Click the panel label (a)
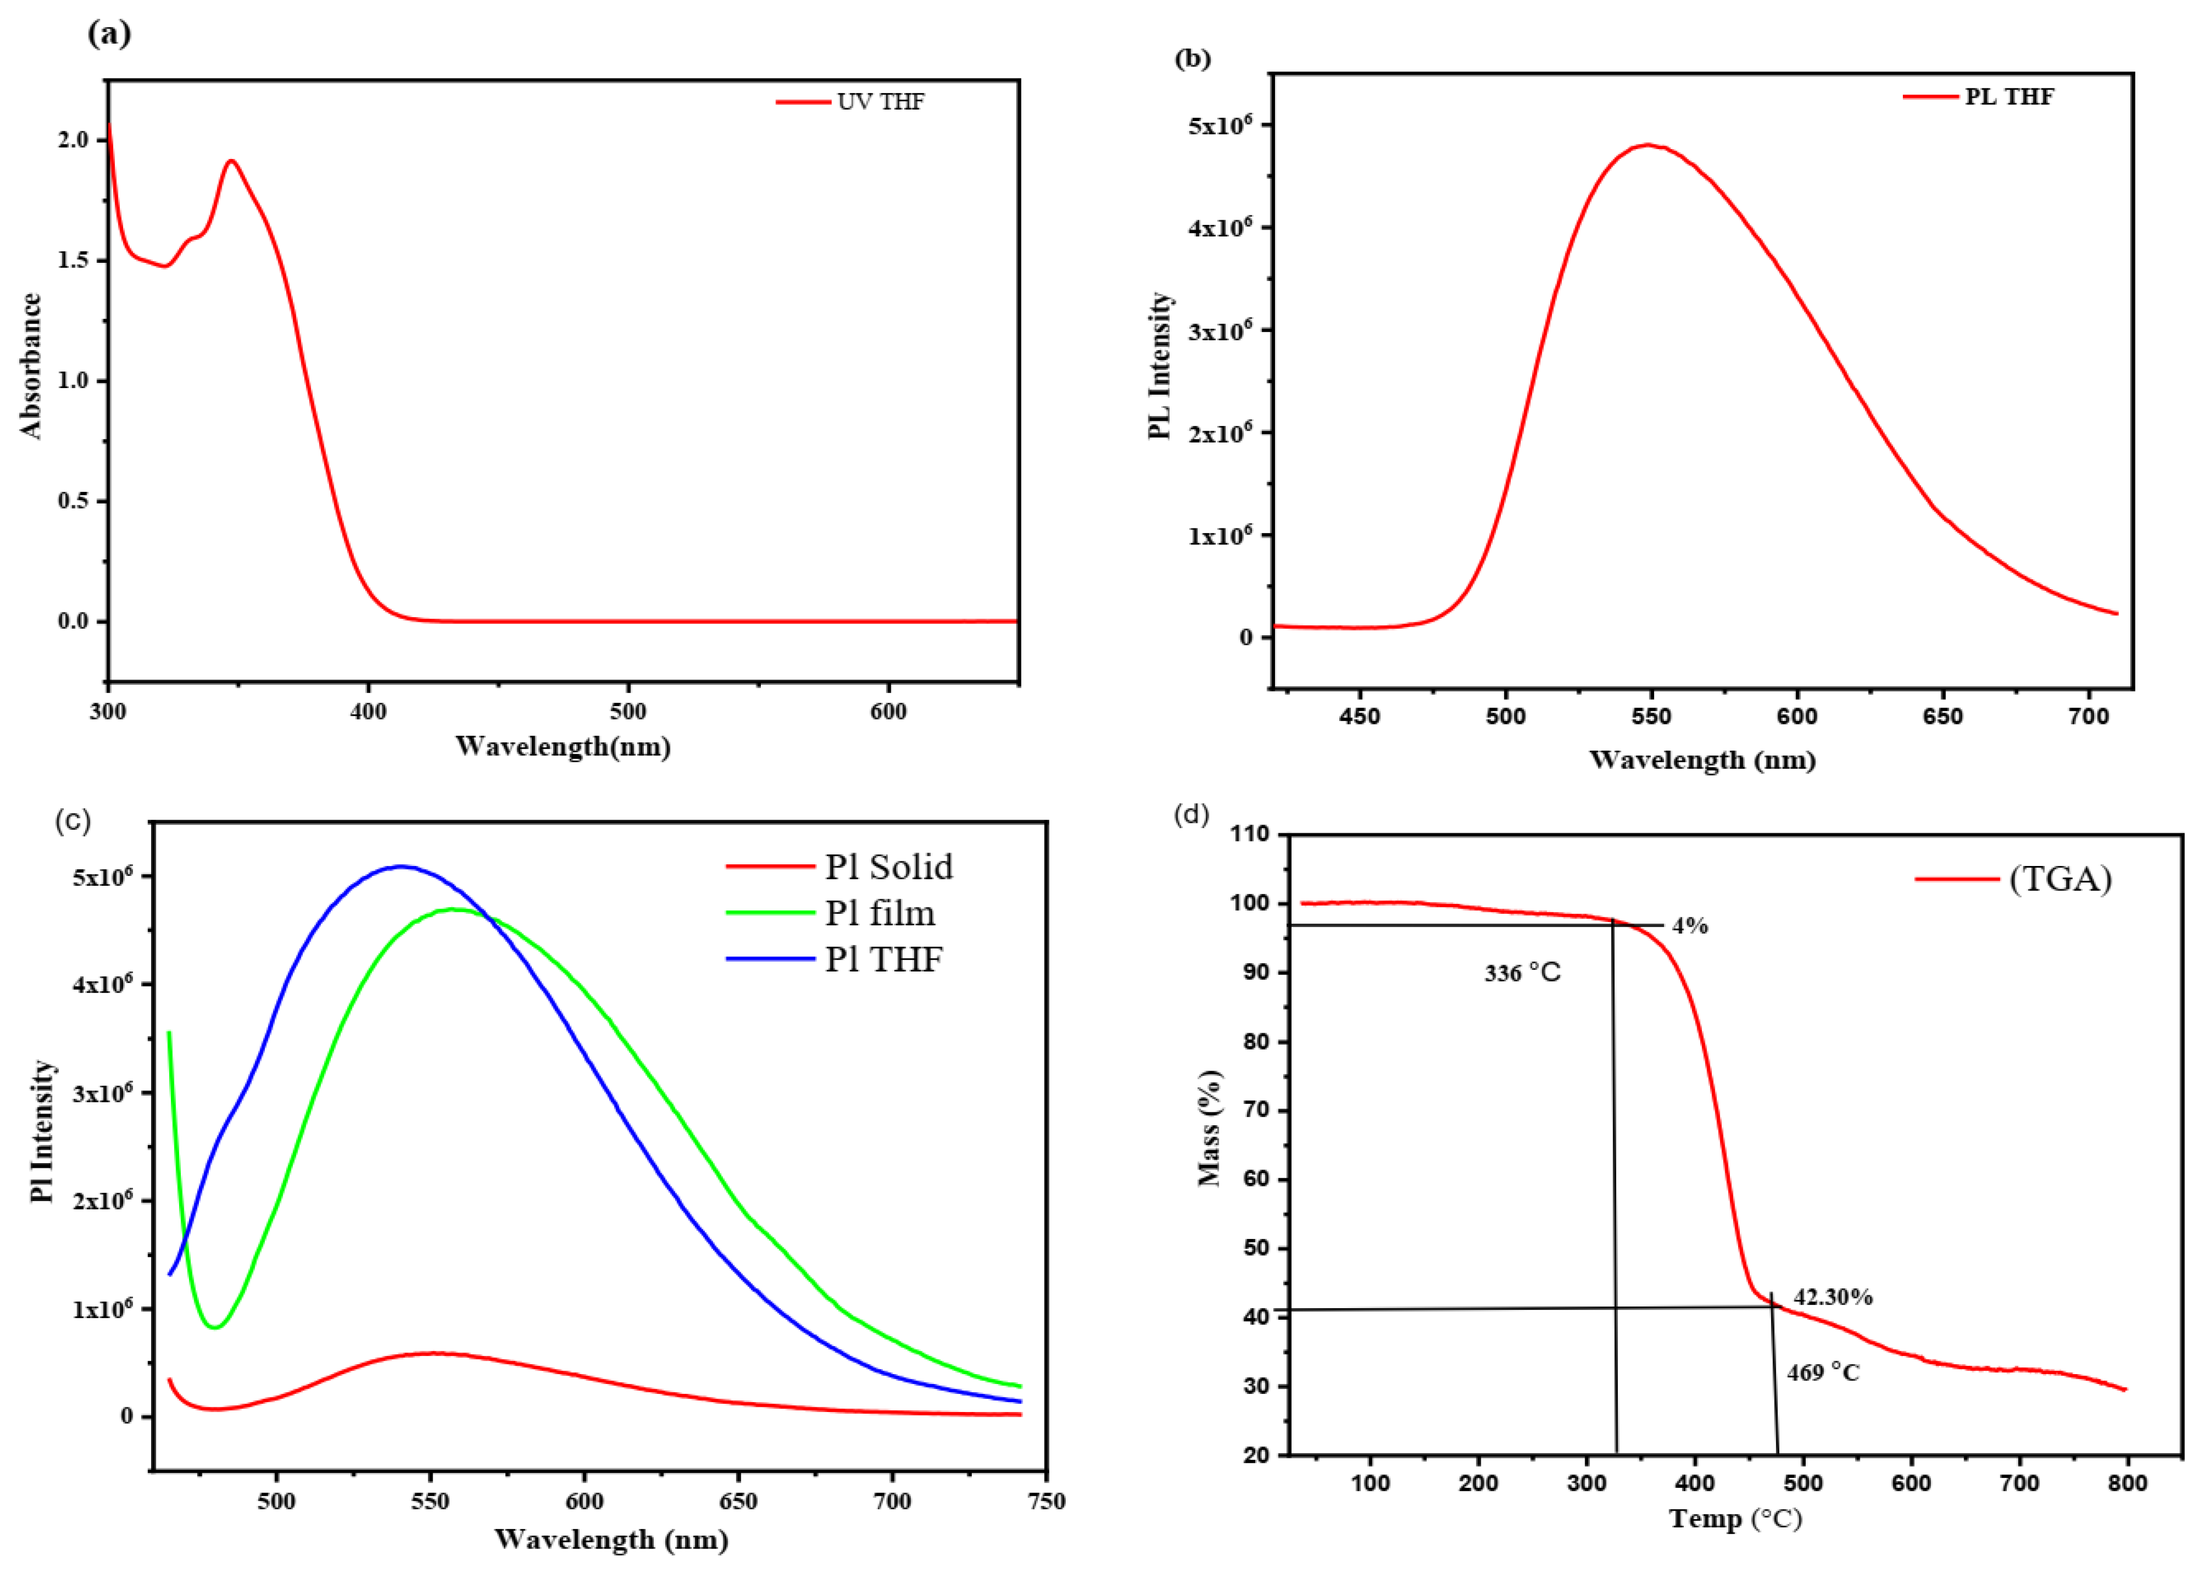point(109,34)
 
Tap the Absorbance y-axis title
point(32,366)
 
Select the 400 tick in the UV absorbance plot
point(368,712)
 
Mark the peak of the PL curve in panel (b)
point(1648,145)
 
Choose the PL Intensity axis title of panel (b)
point(1160,366)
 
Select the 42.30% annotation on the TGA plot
point(1833,1297)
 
